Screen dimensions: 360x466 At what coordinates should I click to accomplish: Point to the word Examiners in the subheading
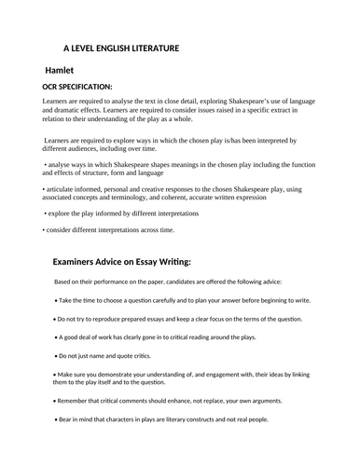82,263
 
